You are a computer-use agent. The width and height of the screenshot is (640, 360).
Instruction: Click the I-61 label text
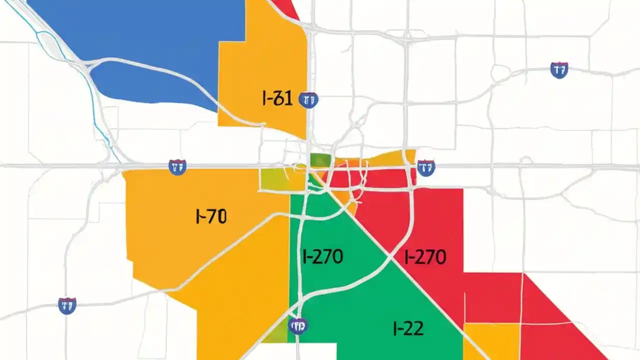[x=277, y=99]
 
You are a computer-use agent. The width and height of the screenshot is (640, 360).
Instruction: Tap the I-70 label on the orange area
[x=210, y=216]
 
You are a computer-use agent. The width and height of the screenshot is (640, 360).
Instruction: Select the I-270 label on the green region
[x=323, y=257]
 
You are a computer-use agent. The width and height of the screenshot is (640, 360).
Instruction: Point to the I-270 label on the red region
[x=425, y=257]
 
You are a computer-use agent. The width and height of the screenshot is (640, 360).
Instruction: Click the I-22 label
[x=408, y=328]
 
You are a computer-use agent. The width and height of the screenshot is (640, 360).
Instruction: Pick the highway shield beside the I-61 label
[x=308, y=100]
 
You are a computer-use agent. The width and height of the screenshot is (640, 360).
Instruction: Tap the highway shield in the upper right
[x=559, y=70]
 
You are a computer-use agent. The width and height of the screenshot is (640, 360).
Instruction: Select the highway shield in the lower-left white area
[x=67, y=305]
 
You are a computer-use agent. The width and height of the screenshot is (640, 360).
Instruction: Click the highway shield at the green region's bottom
[x=298, y=326]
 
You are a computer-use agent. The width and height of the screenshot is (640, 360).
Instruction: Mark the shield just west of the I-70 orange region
[x=177, y=167]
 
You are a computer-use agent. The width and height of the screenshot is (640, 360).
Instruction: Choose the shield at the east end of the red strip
[x=425, y=167]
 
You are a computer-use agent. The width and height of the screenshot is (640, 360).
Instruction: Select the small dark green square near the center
[x=320, y=160]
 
